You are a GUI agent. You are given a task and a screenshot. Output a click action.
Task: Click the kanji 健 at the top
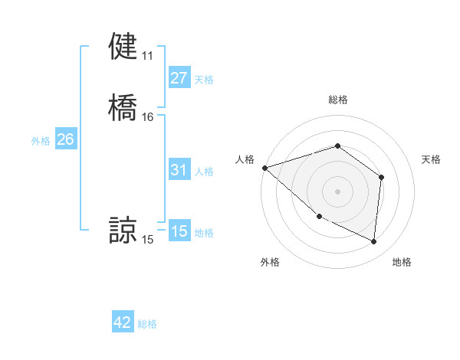(123, 47)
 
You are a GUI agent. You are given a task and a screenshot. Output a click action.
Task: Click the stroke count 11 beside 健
(147, 56)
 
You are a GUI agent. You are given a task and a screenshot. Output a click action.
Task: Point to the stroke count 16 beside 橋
(147, 117)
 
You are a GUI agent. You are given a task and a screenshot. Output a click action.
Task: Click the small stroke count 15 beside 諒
(147, 240)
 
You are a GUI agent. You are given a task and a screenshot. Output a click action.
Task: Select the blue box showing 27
(179, 78)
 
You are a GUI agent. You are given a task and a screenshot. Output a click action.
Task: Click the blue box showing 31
(179, 170)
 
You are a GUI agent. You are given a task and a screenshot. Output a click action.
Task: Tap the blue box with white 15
(179, 231)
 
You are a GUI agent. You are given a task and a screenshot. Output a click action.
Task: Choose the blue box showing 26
(65, 139)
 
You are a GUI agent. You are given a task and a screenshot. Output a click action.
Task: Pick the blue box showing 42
(123, 322)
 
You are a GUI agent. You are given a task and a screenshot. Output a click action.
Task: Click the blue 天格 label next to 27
(204, 79)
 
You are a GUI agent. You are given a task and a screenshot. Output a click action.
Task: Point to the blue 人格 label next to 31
(204, 171)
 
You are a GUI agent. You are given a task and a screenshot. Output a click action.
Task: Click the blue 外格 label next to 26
(41, 140)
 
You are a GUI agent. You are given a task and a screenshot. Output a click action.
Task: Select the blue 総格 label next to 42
(147, 324)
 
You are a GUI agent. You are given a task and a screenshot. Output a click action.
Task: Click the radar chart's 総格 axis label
(337, 100)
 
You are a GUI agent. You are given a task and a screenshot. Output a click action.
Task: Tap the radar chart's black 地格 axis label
(402, 263)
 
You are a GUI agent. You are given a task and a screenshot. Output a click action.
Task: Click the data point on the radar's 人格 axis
(264, 167)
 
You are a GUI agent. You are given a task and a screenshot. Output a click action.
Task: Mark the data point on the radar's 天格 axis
(381, 177)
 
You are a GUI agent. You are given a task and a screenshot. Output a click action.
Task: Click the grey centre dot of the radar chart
(337, 191)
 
